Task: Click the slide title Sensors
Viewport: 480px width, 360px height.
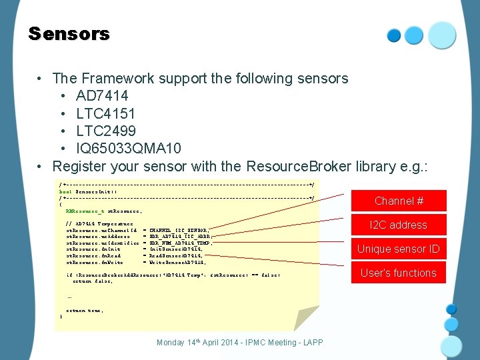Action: [x=69, y=34]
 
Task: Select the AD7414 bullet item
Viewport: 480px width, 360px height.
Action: [x=102, y=96]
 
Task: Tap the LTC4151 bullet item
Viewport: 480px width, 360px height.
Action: [x=106, y=113]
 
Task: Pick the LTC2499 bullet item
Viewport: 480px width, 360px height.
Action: [x=106, y=131]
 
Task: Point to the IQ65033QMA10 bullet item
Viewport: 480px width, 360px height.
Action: [x=128, y=148]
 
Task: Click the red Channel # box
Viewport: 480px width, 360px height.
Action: [x=399, y=201]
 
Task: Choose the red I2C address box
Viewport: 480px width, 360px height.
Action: [x=399, y=225]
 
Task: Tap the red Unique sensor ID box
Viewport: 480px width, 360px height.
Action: [x=399, y=249]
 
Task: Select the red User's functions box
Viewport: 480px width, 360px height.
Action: [x=399, y=273]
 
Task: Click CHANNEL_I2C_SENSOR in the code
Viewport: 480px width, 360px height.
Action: [x=180, y=229]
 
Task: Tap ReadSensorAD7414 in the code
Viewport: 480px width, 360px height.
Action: [x=176, y=255]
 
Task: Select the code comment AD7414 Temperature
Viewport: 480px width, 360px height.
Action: [x=100, y=223]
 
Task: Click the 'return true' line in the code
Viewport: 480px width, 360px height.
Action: [x=85, y=310]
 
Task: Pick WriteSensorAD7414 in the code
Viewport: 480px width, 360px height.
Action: [x=177, y=262]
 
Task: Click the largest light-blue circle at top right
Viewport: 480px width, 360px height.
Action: [x=442, y=35]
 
